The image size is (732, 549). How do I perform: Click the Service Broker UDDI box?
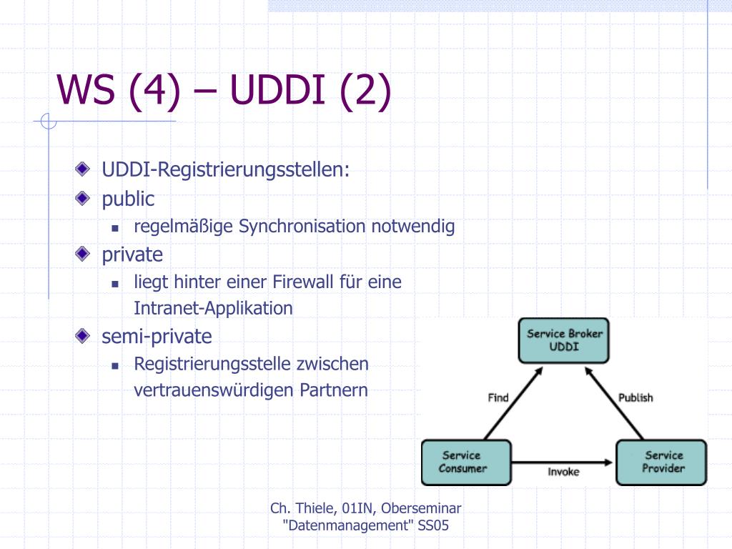563,340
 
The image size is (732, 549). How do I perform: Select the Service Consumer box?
466,463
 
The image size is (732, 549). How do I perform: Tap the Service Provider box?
661,463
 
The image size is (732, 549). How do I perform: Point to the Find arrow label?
498,397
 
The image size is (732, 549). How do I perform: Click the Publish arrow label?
635,397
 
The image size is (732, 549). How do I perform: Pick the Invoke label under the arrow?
563,472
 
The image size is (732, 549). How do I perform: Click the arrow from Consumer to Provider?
562,463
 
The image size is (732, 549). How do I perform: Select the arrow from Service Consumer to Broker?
513,403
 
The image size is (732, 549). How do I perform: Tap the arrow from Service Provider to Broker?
614,403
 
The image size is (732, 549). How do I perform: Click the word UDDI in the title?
277,89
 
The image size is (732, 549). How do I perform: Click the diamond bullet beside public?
82,198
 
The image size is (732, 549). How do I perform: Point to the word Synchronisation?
302,227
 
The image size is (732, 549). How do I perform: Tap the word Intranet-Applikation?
213,308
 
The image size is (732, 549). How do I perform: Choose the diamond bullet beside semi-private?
82,335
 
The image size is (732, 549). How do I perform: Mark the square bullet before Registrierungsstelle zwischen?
115,366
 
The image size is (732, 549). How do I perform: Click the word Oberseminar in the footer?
421,508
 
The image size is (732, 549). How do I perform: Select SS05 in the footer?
433,525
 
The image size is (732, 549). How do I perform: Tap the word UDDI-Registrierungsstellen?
225,169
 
